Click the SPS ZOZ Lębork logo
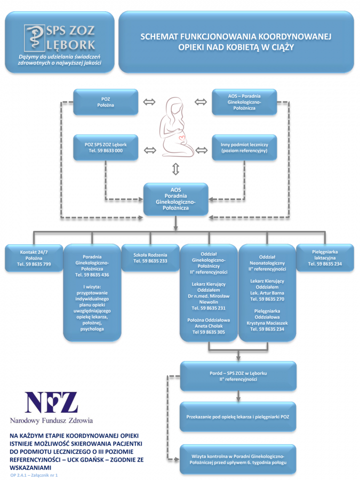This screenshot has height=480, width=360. (x=60, y=37)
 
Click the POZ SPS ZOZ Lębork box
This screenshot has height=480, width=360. (x=106, y=148)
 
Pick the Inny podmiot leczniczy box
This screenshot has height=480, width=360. (x=244, y=148)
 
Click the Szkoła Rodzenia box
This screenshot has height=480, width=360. (x=150, y=258)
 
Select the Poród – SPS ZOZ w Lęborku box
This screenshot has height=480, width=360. (x=238, y=375)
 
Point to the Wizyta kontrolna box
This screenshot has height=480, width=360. (x=238, y=459)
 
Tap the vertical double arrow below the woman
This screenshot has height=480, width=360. (x=175, y=170)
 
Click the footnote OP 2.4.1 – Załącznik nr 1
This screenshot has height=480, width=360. (x=34, y=474)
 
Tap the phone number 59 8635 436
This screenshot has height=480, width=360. (x=92, y=275)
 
